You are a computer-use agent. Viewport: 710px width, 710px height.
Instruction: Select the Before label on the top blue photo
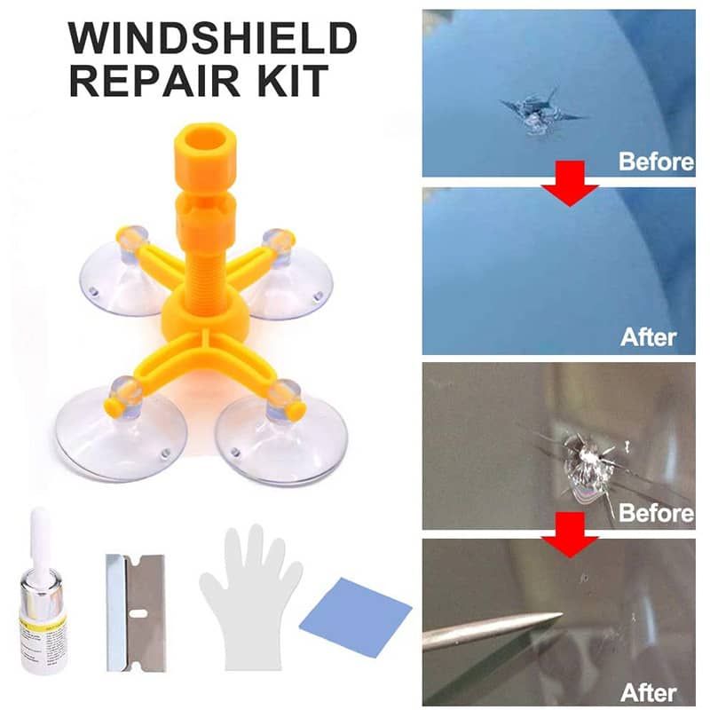click(x=655, y=162)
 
